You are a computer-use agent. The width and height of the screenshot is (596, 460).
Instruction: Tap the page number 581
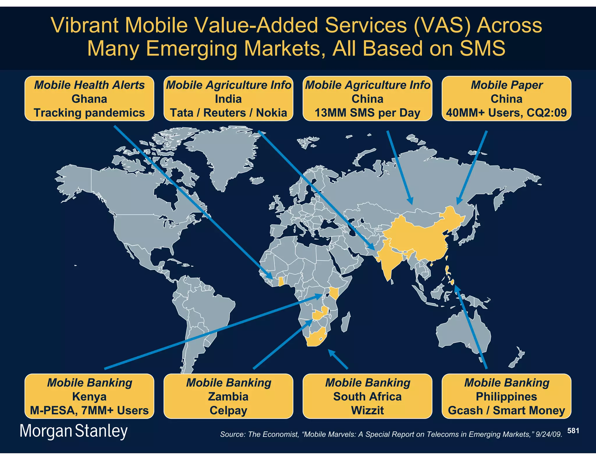coord(573,431)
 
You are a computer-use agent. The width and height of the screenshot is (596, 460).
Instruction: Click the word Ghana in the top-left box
coord(89,99)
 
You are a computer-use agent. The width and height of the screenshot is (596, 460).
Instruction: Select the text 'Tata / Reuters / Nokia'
coord(228,113)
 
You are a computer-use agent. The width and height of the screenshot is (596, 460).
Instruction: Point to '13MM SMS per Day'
coord(367,113)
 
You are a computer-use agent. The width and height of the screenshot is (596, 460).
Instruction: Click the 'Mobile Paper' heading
coord(507,85)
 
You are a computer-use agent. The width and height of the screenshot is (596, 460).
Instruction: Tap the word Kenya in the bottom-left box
coord(89,397)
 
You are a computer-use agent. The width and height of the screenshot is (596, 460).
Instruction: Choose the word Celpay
coord(228,410)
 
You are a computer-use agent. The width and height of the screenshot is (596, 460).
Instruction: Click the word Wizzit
coord(367,410)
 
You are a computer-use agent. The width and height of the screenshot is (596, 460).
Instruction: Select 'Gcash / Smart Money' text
coord(506,410)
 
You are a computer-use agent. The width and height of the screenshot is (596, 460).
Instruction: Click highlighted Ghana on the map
coord(281,281)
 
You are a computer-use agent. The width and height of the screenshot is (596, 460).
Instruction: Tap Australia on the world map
coord(463,334)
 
